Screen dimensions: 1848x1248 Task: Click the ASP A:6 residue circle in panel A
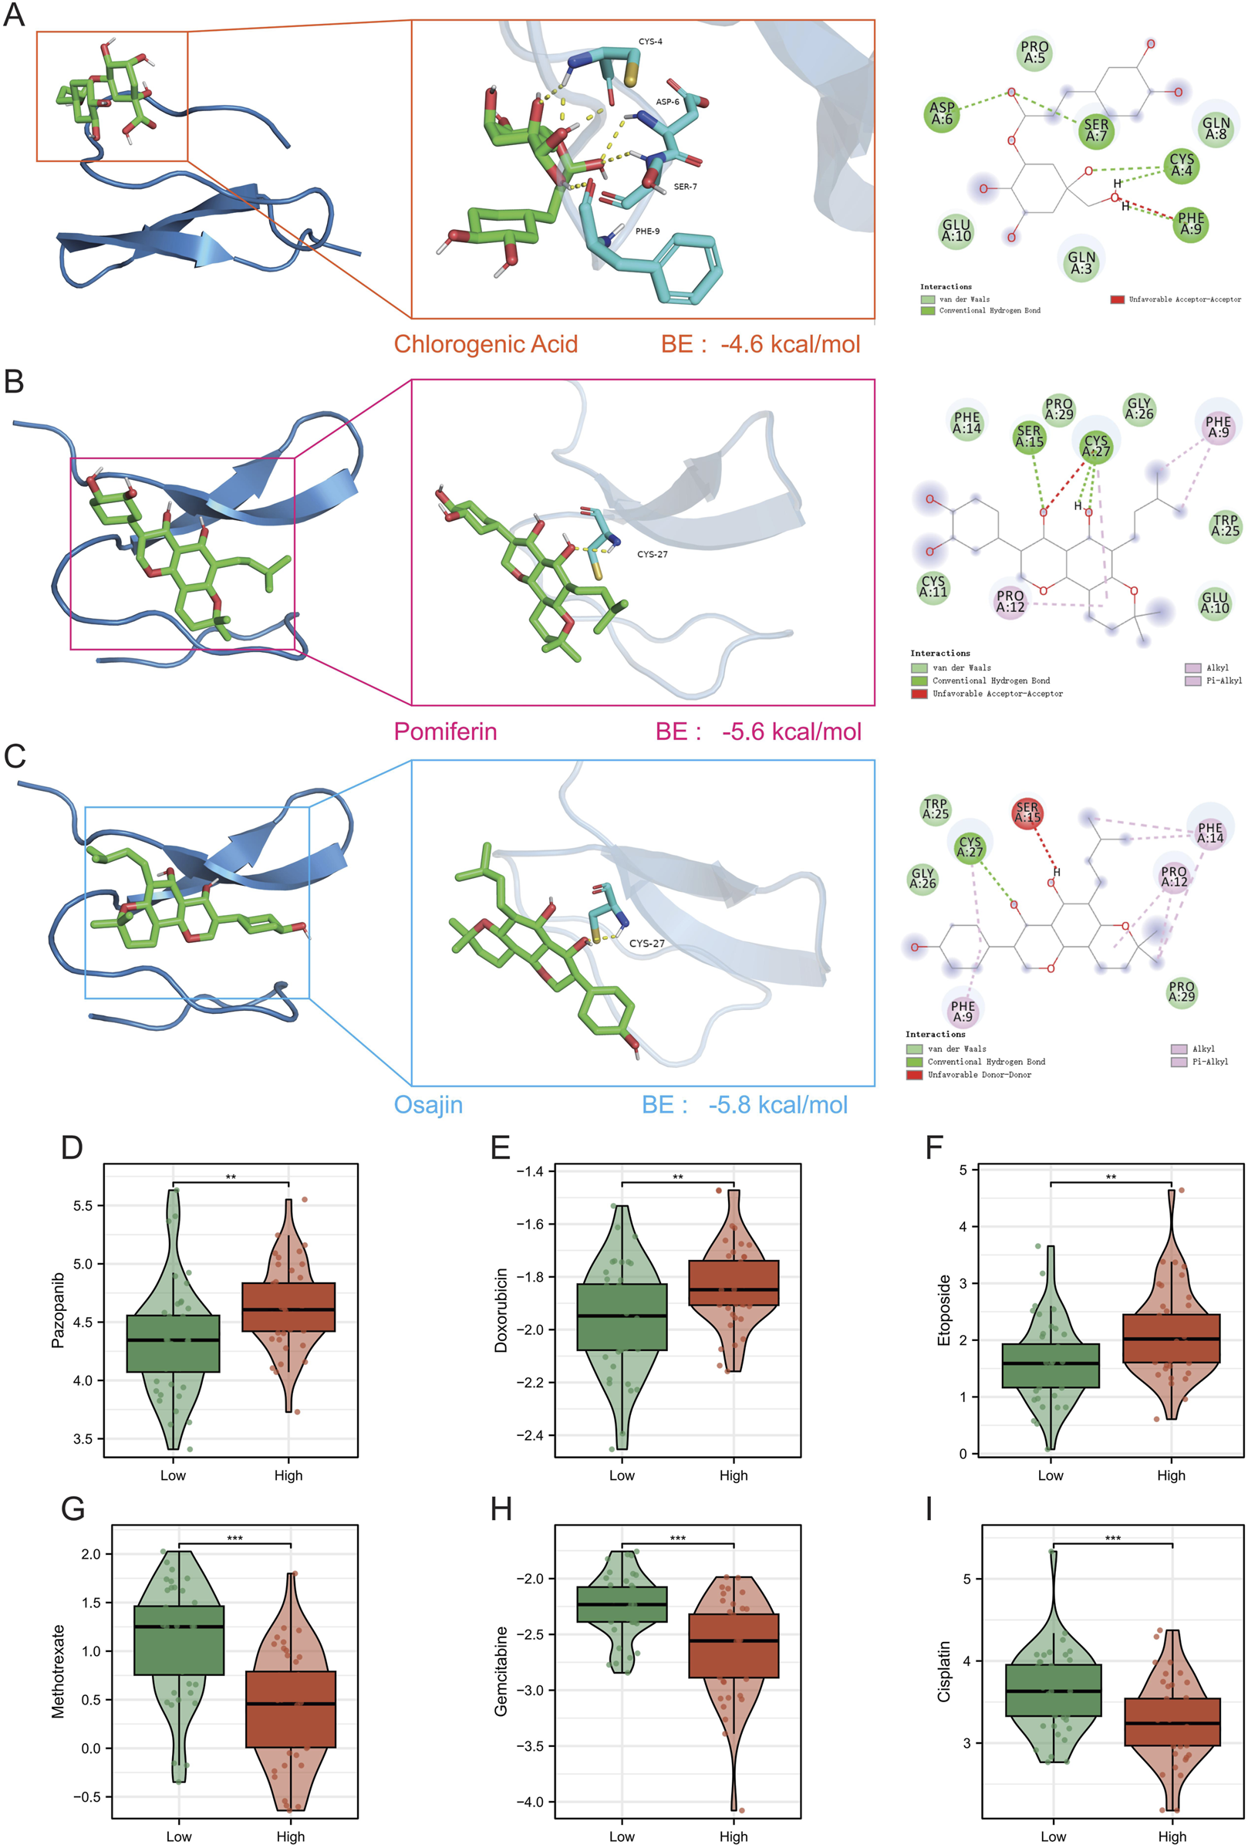(x=941, y=113)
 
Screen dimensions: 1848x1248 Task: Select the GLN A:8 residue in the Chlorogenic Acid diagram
(x=1216, y=128)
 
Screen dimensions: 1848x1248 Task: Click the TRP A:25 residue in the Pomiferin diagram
(x=1225, y=525)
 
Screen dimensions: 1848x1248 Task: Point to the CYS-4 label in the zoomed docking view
(x=649, y=42)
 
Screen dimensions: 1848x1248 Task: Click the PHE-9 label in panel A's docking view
(x=646, y=231)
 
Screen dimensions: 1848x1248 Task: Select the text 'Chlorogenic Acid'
(x=485, y=344)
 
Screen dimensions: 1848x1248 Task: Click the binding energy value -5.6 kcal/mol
(x=791, y=731)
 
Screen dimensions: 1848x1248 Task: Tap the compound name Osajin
(x=427, y=1104)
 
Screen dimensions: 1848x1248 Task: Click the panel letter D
(x=72, y=1147)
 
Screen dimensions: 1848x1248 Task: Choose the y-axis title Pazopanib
(x=57, y=1309)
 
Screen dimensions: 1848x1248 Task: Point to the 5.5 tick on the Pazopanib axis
(x=83, y=1205)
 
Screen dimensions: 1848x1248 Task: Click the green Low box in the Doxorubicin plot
(x=622, y=1317)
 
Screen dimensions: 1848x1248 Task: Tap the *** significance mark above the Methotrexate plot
(x=234, y=1538)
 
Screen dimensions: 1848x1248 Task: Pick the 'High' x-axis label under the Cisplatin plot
(x=1171, y=1836)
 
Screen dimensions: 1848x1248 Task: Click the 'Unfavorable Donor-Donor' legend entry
(x=979, y=1074)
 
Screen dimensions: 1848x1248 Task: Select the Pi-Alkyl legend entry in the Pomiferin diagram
(x=1223, y=681)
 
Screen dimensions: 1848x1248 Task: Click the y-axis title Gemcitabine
(x=501, y=1671)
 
